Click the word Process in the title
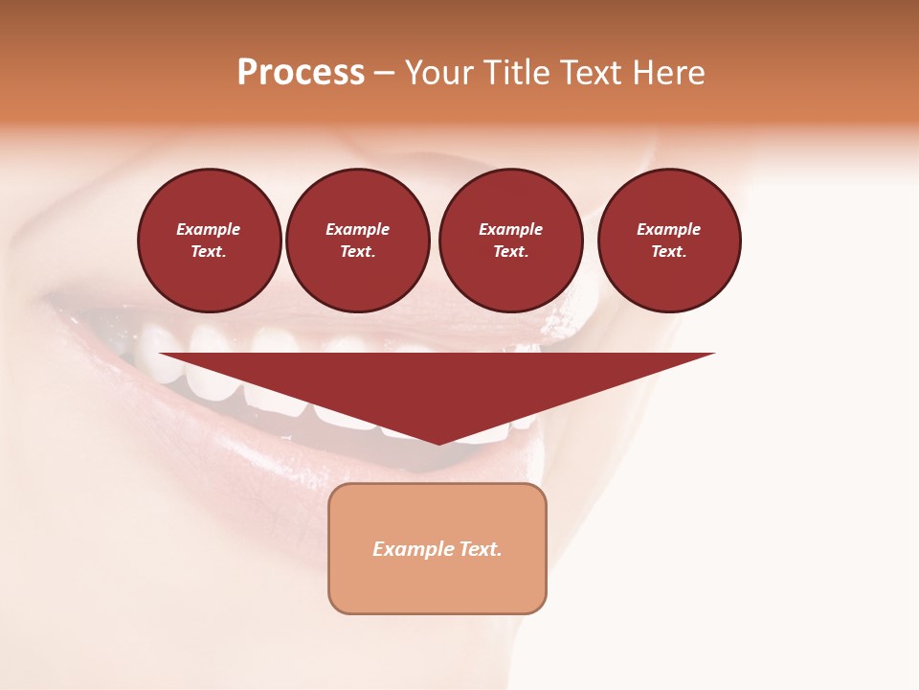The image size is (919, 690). (301, 73)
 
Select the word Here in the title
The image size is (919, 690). (667, 73)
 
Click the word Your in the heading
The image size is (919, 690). (439, 73)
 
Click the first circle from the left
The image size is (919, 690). (210, 241)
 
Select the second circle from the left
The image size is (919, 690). (358, 241)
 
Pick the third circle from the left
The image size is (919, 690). (510, 241)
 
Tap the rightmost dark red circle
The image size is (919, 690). (669, 241)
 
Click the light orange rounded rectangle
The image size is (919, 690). (437, 548)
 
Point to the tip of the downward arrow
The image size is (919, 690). (438, 443)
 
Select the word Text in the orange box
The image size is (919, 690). (480, 549)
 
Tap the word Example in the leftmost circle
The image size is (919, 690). (209, 229)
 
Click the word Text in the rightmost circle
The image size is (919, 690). (668, 252)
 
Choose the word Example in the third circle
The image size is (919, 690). (510, 229)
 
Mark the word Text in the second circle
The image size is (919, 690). (357, 252)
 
